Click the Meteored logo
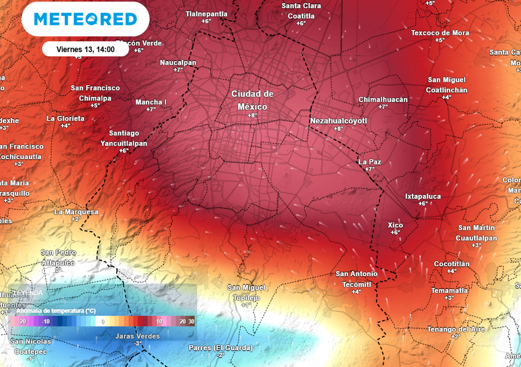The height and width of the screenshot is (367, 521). pyautogui.click(x=85, y=19)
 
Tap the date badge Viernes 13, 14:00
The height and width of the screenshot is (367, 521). pyautogui.click(x=85, y=49)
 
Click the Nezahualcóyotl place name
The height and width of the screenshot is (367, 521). pyautogui.click(x=338, y=121)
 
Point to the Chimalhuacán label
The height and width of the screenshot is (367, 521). pyautogui.click(x=383, y=99)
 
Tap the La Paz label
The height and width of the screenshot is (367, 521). pyautogui.click(x=370, y=162)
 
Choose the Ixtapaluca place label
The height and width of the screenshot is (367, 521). pyautogui.click(x=423, y=196)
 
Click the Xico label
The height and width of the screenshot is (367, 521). pyautogui.click(x=395, y=225)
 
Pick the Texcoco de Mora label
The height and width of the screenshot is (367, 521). pyautogui.click(x=440, y=33)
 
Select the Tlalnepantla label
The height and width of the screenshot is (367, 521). pyautogui.click(x=206, y=14)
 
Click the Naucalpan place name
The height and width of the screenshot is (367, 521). pyautogui.click(x=178, y=63)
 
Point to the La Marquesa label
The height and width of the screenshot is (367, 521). pyautogui.click(x=76, y=212)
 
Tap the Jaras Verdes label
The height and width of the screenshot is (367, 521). pyautogui.click(x=137, y=336)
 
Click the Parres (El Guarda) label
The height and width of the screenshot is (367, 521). pyautogui.click(x=220, y=348)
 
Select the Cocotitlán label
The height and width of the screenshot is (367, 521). pyautogui.click(x=452, y=264)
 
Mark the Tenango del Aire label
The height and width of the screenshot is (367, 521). pyautogui.click(x=455, y=329)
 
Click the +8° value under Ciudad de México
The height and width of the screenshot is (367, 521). pyautogui.click(x=252, y=116)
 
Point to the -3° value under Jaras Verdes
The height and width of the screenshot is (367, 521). pyautogui.click(x=137, y=344)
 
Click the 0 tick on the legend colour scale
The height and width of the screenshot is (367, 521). pyautogui.click(x=102, y=322)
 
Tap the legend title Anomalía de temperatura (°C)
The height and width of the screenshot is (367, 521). pyautogui.click(x=56, y=310)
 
